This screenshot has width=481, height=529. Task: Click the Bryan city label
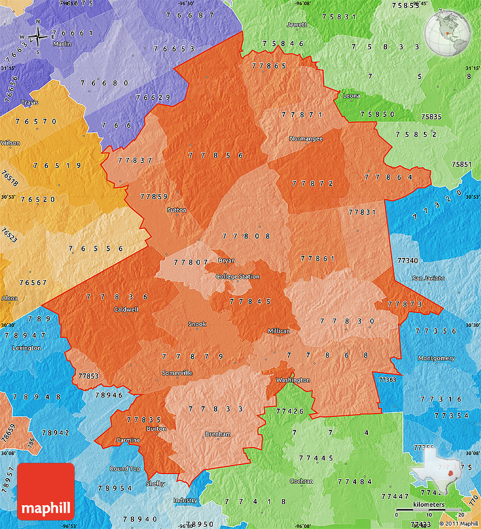click(226, 261)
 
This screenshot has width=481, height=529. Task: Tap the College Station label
click(238, 277)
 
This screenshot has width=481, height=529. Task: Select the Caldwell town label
click(126, 309)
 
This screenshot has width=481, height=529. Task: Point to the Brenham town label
click(218, 434)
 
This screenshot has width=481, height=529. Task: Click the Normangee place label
click(306, 139)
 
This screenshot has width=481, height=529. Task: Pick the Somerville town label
click(177, 373)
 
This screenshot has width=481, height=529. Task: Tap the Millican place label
click(279, 331)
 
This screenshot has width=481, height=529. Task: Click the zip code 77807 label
click(191, 262)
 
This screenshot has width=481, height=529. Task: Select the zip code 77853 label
click(88, 376)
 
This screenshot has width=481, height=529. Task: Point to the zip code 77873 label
click(405, 304)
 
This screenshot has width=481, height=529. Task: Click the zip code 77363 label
click(387, 380)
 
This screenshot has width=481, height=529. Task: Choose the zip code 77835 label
click(144, 420)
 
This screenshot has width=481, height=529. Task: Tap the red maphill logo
click(46, 491)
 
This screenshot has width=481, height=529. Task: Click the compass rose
click(37, 38)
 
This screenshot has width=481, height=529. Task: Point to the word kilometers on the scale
click(428, 504)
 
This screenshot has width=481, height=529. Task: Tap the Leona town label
click(351, 96)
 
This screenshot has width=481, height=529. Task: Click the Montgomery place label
click(436, 358)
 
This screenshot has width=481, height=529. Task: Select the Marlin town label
click(62, 44)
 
